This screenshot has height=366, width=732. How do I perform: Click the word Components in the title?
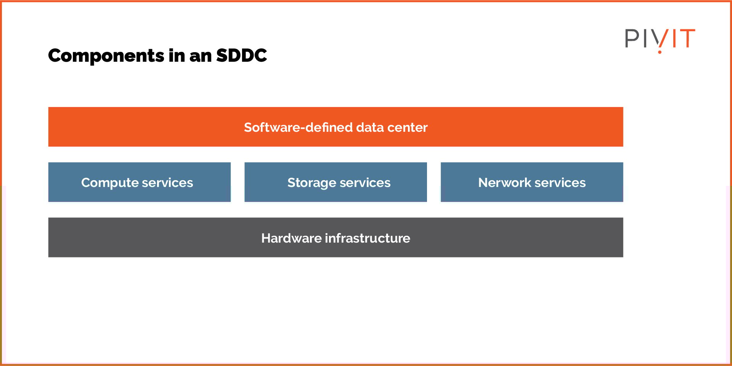tap(106, 56)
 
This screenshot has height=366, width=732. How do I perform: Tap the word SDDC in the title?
tap(241, 56)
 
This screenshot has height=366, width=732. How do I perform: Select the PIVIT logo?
tap(660, 39)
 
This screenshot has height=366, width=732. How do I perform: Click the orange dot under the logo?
tap(660, 51)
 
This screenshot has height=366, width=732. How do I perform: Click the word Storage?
tap(311, 183)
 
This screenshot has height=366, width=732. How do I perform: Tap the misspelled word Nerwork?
tap(505, 183)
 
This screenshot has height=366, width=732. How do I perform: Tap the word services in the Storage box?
tap(365, 183)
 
